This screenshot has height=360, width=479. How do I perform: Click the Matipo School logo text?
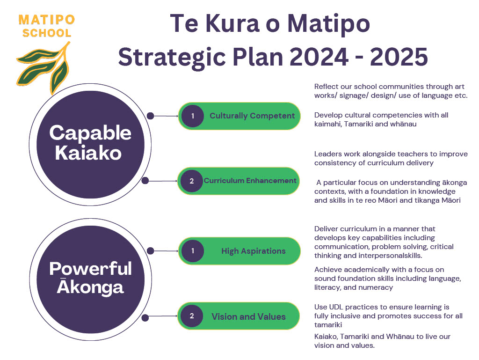(x=47, y=26)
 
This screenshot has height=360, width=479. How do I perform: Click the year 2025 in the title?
(x=399, y=57)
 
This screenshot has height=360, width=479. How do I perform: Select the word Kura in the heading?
(x=232, y=23)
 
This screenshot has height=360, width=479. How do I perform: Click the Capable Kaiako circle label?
(x=90, y=142)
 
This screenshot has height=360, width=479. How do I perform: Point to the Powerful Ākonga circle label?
(x=90, y=278)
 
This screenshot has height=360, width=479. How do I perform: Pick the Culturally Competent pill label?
(x=252, y=116)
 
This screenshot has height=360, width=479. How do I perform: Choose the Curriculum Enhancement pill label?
(x=250, y=181)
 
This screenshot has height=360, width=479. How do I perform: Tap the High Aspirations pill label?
(x=253, y=251)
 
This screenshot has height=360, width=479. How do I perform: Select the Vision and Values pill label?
(x=248, y=316)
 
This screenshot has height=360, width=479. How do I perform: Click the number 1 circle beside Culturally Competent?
(x=192, y=116)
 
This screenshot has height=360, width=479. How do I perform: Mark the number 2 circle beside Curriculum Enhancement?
(x=191, y=181)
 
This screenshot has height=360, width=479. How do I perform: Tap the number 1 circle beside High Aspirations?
(x=192, y=251)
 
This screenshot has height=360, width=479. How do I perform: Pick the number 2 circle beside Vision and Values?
(x=191, y=316)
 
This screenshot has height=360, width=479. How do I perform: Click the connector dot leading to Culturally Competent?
(x=150, y=116)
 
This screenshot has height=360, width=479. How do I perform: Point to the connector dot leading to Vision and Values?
(x=145, y=318)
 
